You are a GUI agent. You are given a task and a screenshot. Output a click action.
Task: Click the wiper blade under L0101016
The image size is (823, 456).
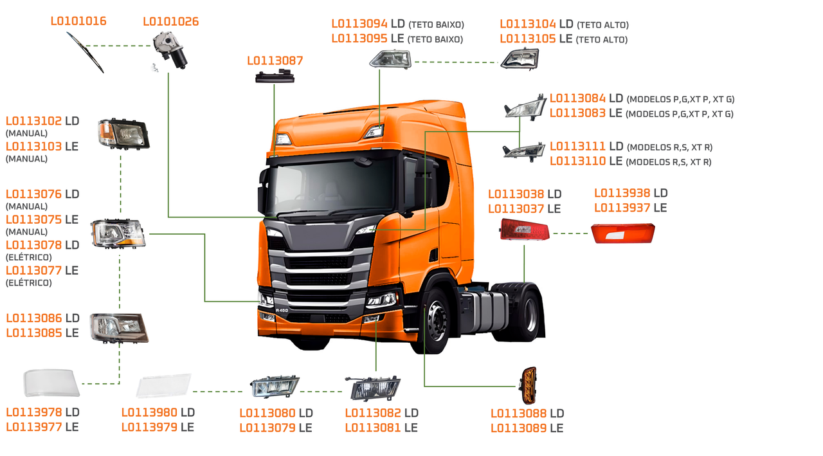click(85, 51)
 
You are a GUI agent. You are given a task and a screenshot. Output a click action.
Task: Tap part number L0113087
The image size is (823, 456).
click(275, 61)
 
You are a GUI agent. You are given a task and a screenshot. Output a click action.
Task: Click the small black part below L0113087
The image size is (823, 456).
click(274, 78)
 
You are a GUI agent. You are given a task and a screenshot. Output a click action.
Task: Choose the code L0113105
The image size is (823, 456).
click(528, 39)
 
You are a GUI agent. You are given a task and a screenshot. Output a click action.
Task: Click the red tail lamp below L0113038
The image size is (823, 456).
click(525, 230)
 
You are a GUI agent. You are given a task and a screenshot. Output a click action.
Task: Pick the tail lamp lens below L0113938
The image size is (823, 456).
click(622, 233)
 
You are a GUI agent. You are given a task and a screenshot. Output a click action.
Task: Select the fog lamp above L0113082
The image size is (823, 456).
click(372, 388)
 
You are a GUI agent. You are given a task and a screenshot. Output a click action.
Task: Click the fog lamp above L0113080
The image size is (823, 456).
click(275, 387)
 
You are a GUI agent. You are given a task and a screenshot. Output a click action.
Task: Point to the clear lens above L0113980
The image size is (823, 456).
click(164, 385)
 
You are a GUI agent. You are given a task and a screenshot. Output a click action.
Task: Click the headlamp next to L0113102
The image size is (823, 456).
click(123, 134)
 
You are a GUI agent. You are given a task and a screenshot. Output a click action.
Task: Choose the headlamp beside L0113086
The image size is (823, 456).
click(119, 327)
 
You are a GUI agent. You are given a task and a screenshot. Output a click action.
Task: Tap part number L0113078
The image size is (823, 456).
click(33, 245)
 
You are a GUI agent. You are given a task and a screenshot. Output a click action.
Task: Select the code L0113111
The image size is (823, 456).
click(577, 147)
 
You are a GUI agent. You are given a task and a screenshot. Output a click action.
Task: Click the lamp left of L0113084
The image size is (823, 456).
click(524, 107)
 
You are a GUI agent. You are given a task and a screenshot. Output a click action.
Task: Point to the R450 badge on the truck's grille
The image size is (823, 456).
click(282, 311)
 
